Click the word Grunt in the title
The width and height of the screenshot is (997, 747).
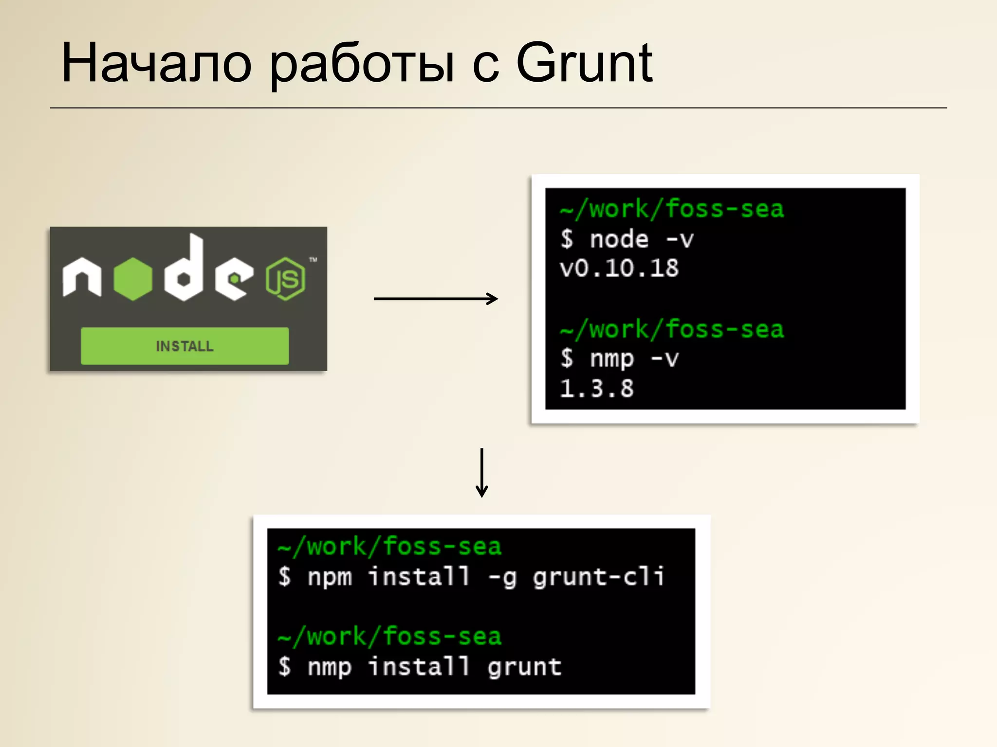click(584, 64)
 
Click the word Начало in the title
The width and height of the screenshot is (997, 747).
click(156, 64)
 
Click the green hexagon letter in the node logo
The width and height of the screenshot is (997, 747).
click(133, 279)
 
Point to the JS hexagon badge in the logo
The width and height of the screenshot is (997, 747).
click(286, 279)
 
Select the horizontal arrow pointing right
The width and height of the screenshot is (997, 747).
click(436, 299)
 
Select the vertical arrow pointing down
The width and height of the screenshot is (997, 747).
click(482, 473)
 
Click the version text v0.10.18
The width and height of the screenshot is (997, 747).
click(619, 268)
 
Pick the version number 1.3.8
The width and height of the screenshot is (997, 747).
click(597, 389)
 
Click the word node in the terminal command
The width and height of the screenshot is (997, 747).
click(619, 239)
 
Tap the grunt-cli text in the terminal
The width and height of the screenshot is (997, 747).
click(598, 577)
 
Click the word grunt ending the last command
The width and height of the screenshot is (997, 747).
click(525, 667)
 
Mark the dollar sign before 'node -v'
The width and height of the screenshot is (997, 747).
click(567, 239)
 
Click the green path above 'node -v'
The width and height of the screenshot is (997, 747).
click(672, 209)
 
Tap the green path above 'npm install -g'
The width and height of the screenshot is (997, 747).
click(389, 547)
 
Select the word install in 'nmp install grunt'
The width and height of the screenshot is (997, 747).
click(419, 666)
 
